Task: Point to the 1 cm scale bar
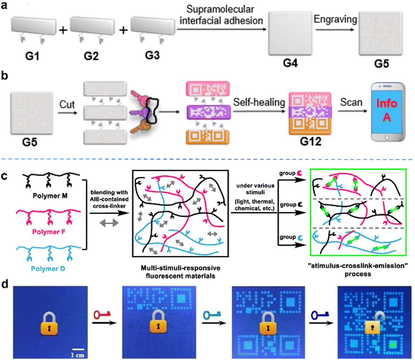tap(78, 350)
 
